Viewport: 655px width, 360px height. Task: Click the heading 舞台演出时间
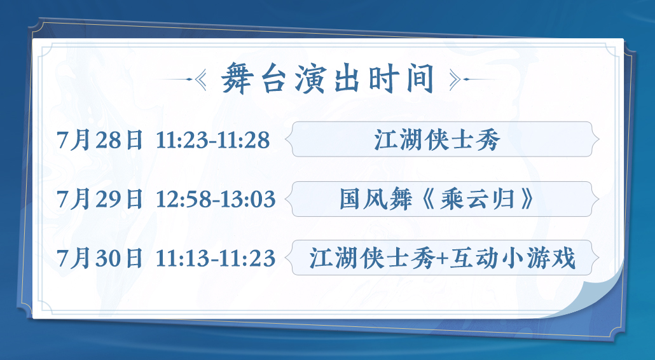[328, 78]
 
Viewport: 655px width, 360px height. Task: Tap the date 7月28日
[100, 140]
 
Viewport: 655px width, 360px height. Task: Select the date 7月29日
[100, 199]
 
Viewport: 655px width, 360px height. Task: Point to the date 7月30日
[100, 258]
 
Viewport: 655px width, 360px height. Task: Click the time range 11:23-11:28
[213, 141]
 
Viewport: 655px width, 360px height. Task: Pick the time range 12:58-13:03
[216, 199]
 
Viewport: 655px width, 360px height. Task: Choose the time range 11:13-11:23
[216, 258]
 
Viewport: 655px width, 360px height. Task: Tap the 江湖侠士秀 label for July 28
[437, 140]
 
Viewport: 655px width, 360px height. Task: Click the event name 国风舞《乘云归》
[437, 199]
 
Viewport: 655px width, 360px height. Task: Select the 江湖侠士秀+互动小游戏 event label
[443, 258]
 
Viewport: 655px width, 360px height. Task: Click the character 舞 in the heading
[237, 78]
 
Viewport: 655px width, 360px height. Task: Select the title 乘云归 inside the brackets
[477, 199]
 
